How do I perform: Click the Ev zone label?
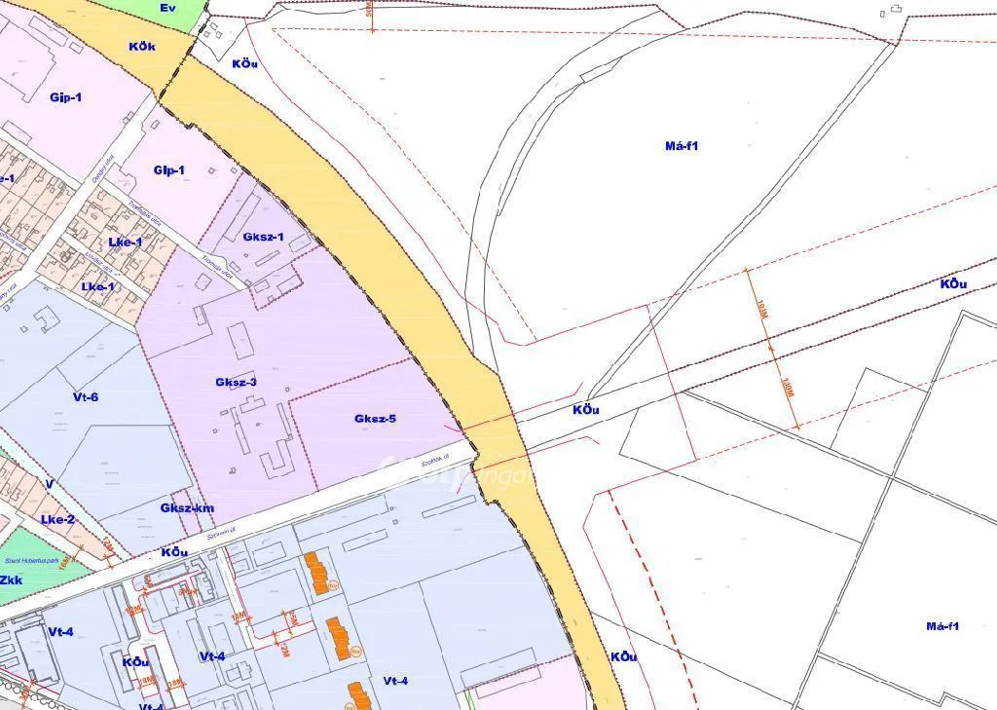coord(166,8)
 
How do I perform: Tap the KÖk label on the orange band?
coord(142,46)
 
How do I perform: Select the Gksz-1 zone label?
coord(263,237)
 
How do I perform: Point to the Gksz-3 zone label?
coord(237,382)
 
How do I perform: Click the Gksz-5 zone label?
coord(375,419)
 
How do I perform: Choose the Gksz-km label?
coord(188,508)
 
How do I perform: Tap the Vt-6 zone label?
coord(86,396)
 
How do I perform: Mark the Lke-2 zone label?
coord(57,519)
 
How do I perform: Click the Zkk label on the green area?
coord(12,580)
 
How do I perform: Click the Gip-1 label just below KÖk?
coord(65,97)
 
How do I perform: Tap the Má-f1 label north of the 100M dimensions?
coord(682,146)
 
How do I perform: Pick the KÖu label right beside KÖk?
coord(244,63)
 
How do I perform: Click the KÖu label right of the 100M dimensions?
coord(953,284)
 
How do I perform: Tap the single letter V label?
coord(49,484)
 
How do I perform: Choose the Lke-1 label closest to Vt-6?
coord(97,286)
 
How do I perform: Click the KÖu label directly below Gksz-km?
coord(174,552)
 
